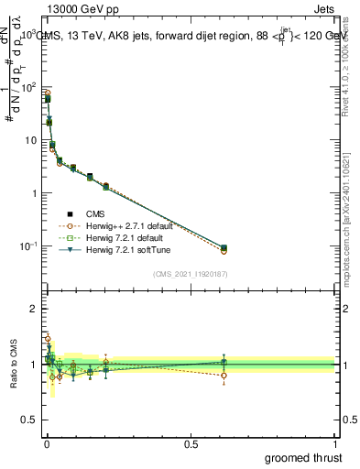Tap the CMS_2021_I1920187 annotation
(190, 274)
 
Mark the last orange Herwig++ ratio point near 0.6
(224, 376)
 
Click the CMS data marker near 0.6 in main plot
(224, 248)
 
